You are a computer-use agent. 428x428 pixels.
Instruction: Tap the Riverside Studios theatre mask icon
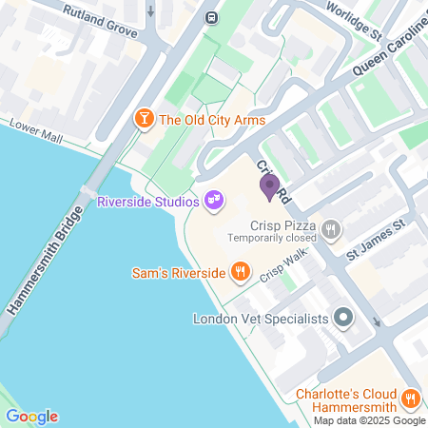click(x=214, y=200)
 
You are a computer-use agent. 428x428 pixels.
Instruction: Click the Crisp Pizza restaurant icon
click(x=331, y=228)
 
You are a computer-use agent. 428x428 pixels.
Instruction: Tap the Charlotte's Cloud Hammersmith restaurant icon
click(x=410, y=398)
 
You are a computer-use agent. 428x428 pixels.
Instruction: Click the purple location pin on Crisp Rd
click(x=269, y=185)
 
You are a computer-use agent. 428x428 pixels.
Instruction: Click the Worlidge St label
click(x=353, y=19)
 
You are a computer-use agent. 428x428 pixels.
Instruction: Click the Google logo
click(x=31, y=417)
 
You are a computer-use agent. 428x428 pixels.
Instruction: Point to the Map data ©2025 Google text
click(x=370, y=420)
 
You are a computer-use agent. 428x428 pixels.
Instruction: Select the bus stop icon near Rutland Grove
click(x=211, y=16)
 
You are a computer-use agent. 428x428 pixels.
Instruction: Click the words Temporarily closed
click(x=271, y=241)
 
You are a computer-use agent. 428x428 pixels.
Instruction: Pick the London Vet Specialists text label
click(x=261, y=320)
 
